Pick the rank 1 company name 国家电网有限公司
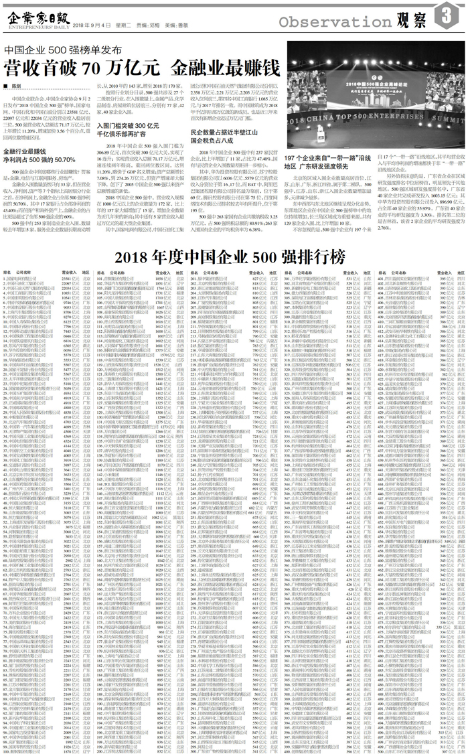click(x=31, y=277)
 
